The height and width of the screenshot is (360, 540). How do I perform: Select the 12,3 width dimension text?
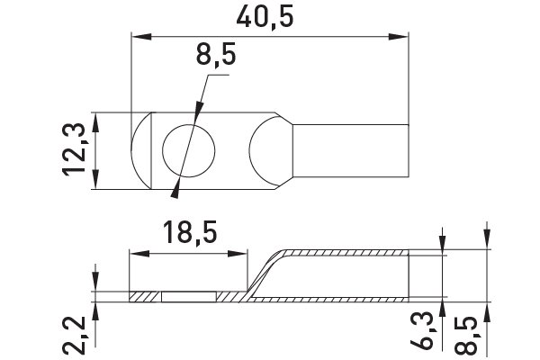click(74, 150)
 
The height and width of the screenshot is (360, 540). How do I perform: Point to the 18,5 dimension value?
click(190, 233)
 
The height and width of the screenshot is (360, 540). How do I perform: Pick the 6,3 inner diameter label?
click(422, 330)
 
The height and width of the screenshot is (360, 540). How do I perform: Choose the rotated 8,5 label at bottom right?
click(466, 336)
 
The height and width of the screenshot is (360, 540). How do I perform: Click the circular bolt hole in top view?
click(189, 150)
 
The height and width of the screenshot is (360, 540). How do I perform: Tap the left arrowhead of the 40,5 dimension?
click(141, 37)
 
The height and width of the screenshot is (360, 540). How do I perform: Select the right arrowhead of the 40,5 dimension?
click(399, 37)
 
